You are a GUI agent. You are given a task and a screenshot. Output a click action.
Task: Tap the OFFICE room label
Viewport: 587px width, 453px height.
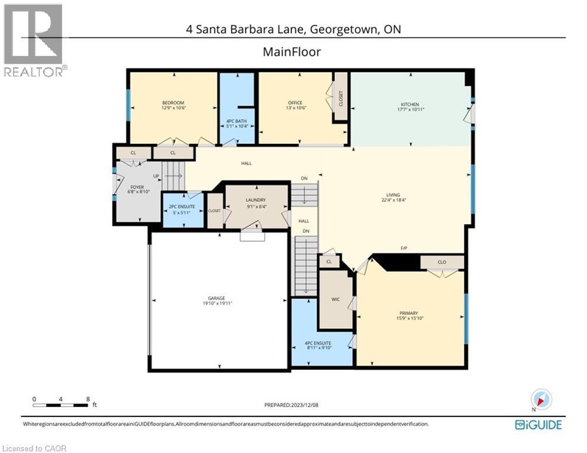[x=296, y=103]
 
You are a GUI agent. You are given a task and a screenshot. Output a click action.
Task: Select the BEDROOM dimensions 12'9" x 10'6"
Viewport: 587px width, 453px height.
[x=173, y=108]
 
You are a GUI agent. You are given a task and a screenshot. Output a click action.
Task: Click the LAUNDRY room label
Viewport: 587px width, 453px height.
[x=255, y=200]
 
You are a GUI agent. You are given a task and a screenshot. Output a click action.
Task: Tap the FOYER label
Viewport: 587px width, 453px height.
[x=136, y=187]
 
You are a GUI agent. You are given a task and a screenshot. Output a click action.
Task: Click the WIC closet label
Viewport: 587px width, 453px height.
[x=335, y=300]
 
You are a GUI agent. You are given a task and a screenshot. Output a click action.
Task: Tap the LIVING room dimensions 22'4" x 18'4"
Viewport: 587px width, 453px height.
[x=393, y=200]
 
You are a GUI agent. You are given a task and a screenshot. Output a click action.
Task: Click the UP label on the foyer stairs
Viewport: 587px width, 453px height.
[x=156, y=176]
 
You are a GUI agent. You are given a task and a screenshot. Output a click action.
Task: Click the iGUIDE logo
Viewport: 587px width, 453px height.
[x=538, y=425]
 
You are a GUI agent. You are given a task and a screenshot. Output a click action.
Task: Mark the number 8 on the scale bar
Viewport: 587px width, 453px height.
[x=88, y=399]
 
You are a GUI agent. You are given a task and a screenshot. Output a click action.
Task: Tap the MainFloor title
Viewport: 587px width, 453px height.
[x=291, y=52]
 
